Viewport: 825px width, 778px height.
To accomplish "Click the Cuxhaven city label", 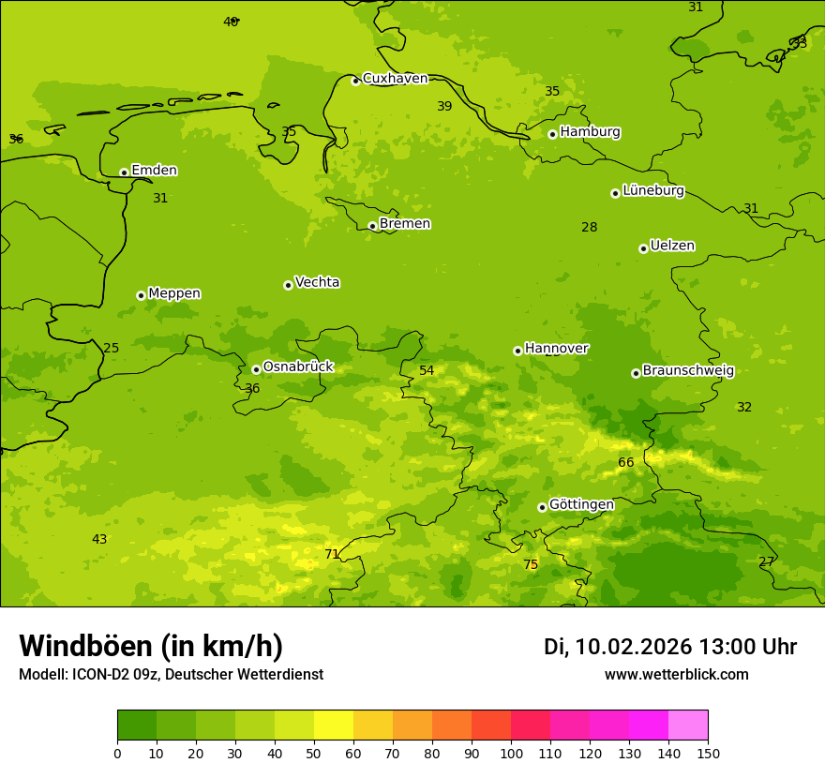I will pyautogui.click(x=395, y=79).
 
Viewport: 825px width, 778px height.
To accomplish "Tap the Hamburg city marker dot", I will pyautogui.click(x=552, y=134).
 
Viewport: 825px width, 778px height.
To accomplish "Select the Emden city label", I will pyautogui.click(x=154, y=171).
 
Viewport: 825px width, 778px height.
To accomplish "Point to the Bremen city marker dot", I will pyautogui.click(x=372, y=226).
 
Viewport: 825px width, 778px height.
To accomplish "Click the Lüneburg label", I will pyautogui.click(x=652, y=190).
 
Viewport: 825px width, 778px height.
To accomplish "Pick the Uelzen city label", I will pyautogui.click(x=672, y=246).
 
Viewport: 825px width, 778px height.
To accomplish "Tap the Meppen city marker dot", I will pyautogui.click(x=141, y=295).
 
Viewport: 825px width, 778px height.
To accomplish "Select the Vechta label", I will pyautogui.click(x=317, y=282).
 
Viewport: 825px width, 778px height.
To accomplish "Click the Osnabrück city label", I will pyautogui.click(x=297, y=367).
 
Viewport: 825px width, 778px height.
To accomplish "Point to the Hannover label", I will pyautogui.click(x=556, y=349).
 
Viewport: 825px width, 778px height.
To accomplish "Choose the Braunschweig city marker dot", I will pyautogui.click(x=636, y=373).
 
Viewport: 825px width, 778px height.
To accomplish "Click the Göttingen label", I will pyautogui.click(x=581, y=504).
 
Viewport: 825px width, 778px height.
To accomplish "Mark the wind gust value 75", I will pyautogui.click(x=531, y=564).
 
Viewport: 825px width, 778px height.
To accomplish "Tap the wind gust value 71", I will pyautogui.click(x=332, y=554).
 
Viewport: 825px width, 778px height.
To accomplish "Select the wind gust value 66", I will pyautogui.click(x=626, y=462).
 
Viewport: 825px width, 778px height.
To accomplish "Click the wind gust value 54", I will pyautogui.click(x=427, y=370).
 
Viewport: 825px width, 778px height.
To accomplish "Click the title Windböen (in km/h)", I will pyautogui.click(x=151, y=646).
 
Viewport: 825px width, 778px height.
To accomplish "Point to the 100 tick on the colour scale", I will pyautogui.click(x=511, y=753).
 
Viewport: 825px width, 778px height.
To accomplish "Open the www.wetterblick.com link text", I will pyautogui.click(x=676, y=675).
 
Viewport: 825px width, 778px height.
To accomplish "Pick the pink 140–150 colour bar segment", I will pyautogui.click(x=688, y=725).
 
